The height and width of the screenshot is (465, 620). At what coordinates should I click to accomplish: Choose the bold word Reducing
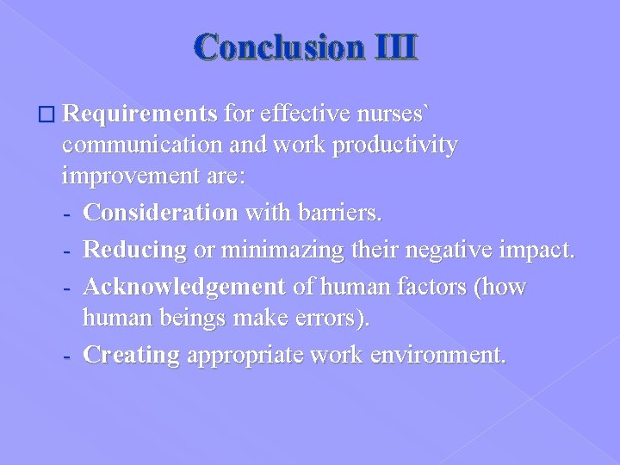coord(135,250)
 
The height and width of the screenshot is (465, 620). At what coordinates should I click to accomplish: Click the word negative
coord(437,250)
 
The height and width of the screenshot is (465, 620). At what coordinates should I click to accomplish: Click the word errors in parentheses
coord(332,319)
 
